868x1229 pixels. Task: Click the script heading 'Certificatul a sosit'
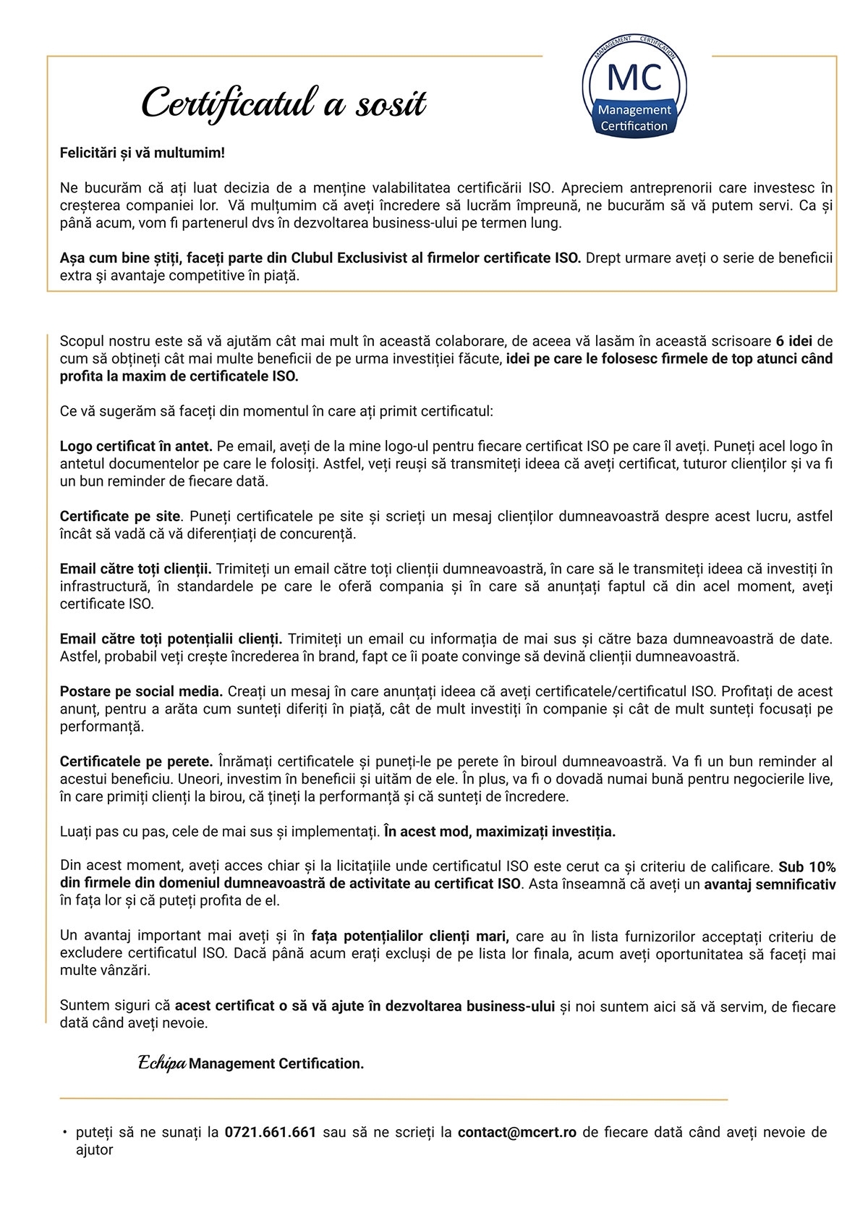pyautogui.click(x=284, y=104)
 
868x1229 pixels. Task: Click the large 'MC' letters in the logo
pyautogui.click(x=634, y=77)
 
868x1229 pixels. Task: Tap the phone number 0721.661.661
pyautogui.click(x=271, y=1132)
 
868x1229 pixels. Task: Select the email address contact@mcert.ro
pyautogui.click(x=516, y=1132)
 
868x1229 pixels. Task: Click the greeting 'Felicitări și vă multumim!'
pyautogui.click(x=142, y=153)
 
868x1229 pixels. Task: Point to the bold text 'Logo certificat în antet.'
pyautogui.click(x=136, y=446)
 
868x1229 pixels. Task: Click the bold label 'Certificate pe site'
pyautogui.click(x=120, y=516)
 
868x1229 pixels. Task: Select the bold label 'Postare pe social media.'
pyautogui.click(x=141, y=691)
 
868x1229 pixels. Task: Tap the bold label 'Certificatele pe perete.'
pyautogui.click(x=136, y=761)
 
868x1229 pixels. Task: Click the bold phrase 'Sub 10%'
pyautogui.click(x=807, y=866)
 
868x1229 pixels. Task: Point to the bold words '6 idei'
pyautogui.click(x=793, y=341)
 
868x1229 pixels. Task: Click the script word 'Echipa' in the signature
pyautogui.click(x=162, y=1063)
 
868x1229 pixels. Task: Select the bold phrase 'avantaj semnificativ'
pyautogui.click(x=770, y=884)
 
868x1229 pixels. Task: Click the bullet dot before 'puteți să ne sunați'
pyautogui.click(x=65, y=1132)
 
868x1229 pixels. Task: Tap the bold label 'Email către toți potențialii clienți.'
pyautogui.click(x=171, y=638)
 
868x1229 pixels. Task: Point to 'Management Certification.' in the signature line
pyautogui.click(x=276, y=1063)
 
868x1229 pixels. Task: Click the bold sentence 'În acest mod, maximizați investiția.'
pyautogui.click(x=500, y=832)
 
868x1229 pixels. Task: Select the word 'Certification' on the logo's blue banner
pyautogui.click(x=634, y=126)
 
